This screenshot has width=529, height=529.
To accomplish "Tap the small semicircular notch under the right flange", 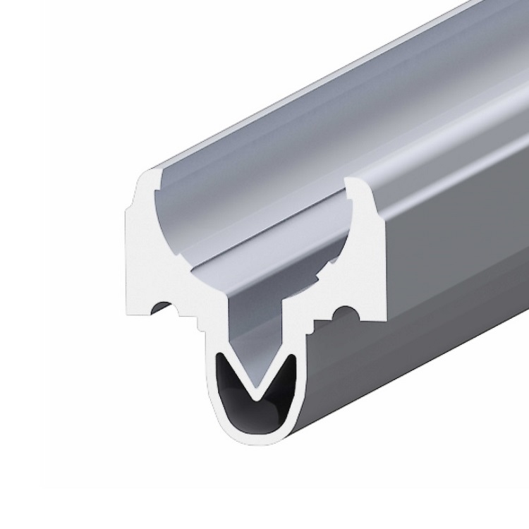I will [345, 311].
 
